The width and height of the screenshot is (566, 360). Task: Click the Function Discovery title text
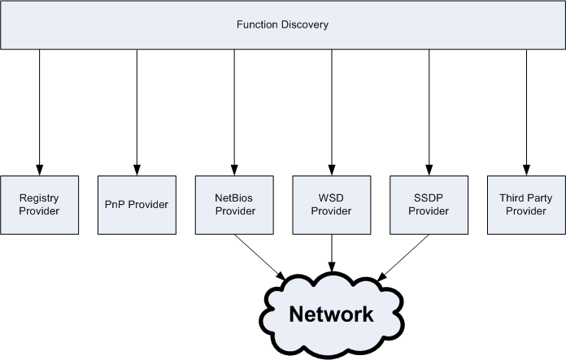pos(283,25)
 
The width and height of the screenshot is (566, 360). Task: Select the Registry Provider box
pos(39,205)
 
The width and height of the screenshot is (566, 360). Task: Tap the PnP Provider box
pos(137,205)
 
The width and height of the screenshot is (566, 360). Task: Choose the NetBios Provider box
pos(234,205)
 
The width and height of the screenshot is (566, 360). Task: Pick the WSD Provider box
pos(332,205)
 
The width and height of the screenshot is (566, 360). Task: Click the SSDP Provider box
pos(429,205)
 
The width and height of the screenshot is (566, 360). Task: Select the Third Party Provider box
pos(526,205)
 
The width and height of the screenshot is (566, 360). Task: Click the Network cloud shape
pos(332,314)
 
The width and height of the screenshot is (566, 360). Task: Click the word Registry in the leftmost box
pos(39,197)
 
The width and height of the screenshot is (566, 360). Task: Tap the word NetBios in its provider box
pos(234,197)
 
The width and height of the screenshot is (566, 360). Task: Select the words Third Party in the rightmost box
pos(526,197)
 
